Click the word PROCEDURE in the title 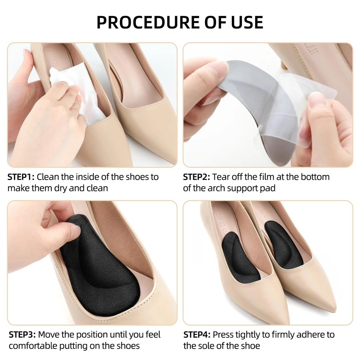pos(148,22)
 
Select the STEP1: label pos(21,177)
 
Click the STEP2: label pos(197,177)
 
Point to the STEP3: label pos(22,334)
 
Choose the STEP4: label pos(197,334)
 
